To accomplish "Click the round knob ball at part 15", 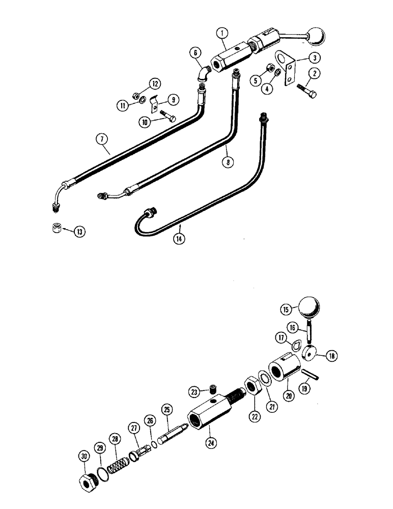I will pyautogui.click(x=308, y=307).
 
